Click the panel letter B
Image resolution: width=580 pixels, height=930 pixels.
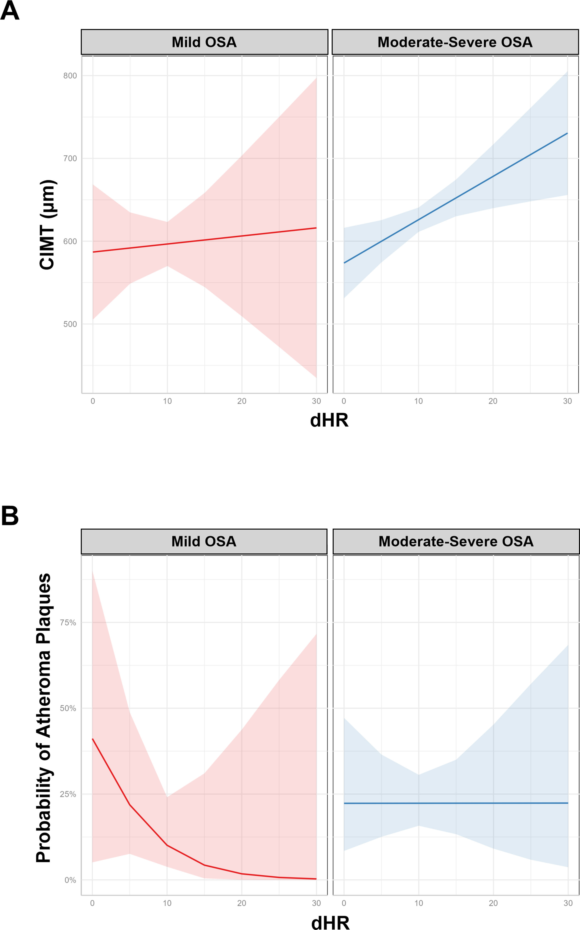click(10, 516)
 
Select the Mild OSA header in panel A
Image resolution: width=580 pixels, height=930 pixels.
click(204, 42)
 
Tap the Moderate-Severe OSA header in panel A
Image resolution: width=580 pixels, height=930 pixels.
click(455, 42)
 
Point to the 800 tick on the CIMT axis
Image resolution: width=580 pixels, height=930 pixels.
click(70, 76)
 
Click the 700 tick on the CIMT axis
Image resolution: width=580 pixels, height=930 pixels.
click(70, 158)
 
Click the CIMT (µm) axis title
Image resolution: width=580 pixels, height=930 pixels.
click(48, 225)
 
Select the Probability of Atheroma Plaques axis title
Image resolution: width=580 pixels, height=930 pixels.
click(43, 718)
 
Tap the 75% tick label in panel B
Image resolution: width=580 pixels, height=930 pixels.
click(68, 622)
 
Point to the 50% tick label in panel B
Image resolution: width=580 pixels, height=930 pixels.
click(68, 708)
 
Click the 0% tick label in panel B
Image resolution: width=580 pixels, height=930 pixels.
click(70, 880)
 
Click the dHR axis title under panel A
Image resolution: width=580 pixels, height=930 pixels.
click(329, 420)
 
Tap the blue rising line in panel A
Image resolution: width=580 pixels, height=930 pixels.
click(456, 198)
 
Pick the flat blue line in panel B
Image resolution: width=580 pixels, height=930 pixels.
click(456, 803)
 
